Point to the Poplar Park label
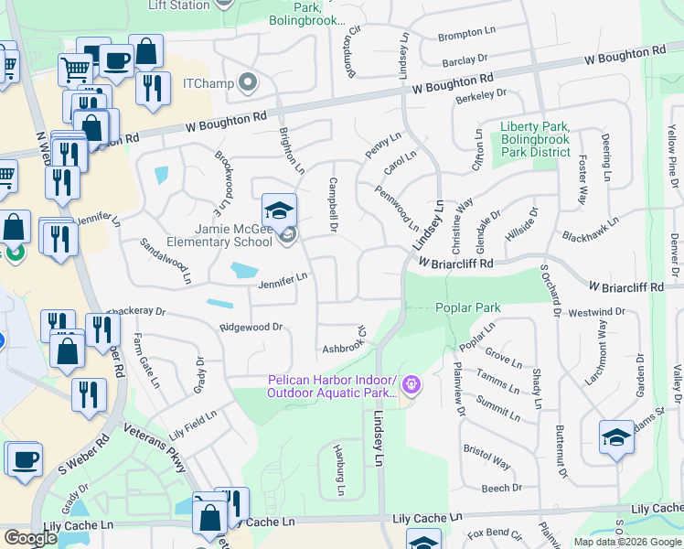(467, 307)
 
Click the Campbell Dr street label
(335, 203)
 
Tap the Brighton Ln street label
(292, 150)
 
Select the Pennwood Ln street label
(397, 208)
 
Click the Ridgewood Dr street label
(251, 327)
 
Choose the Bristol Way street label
(487, 457)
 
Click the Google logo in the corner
(30, 538)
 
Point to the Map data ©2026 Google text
(628, 542)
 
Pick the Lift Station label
(179, 5)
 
